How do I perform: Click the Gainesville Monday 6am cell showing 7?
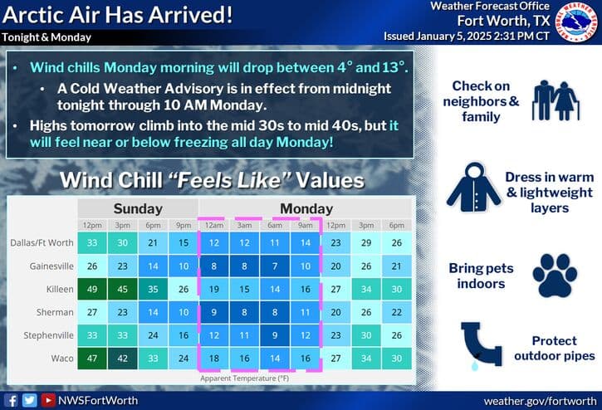pyautogui.click(x=275, y=266)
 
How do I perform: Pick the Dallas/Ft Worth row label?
pyautogui.click(x=42, y=243)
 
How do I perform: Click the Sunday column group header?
pyautogui.click(x=138, y=208)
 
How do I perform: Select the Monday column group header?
pyautogui.click(x=306, y=208)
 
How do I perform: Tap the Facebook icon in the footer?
pyautogui.click(x=12, y=399)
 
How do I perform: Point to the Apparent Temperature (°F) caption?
pyautogui.click(x=245, y=378)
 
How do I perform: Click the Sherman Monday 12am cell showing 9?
pyautogui.click(x=214, y=313)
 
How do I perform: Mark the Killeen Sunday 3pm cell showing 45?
pyautogui.click(x=122, y=290)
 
